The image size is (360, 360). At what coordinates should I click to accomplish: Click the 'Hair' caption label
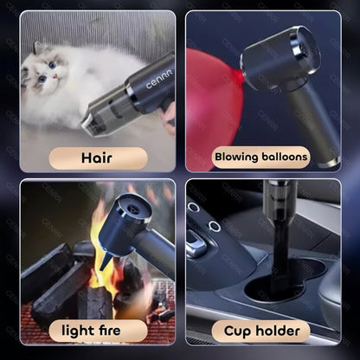(x=98, y=158)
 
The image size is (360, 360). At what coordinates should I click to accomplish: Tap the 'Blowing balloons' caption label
(x=261, y=157)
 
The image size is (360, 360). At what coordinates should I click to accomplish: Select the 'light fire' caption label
(x=92, y=331)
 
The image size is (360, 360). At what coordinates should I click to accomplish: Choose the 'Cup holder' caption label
(x=261, y=331)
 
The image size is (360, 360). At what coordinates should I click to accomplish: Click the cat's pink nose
(x=55, y=76)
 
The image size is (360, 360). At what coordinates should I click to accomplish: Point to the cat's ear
(x=38, y=48)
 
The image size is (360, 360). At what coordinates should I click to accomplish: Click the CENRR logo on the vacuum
(x=159, y=79)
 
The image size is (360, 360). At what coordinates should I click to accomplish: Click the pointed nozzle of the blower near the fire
(x=105, y=262)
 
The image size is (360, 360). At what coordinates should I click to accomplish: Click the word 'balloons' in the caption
(x=285, y=157)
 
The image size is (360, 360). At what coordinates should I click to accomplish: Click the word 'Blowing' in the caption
(x=236, y=157)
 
